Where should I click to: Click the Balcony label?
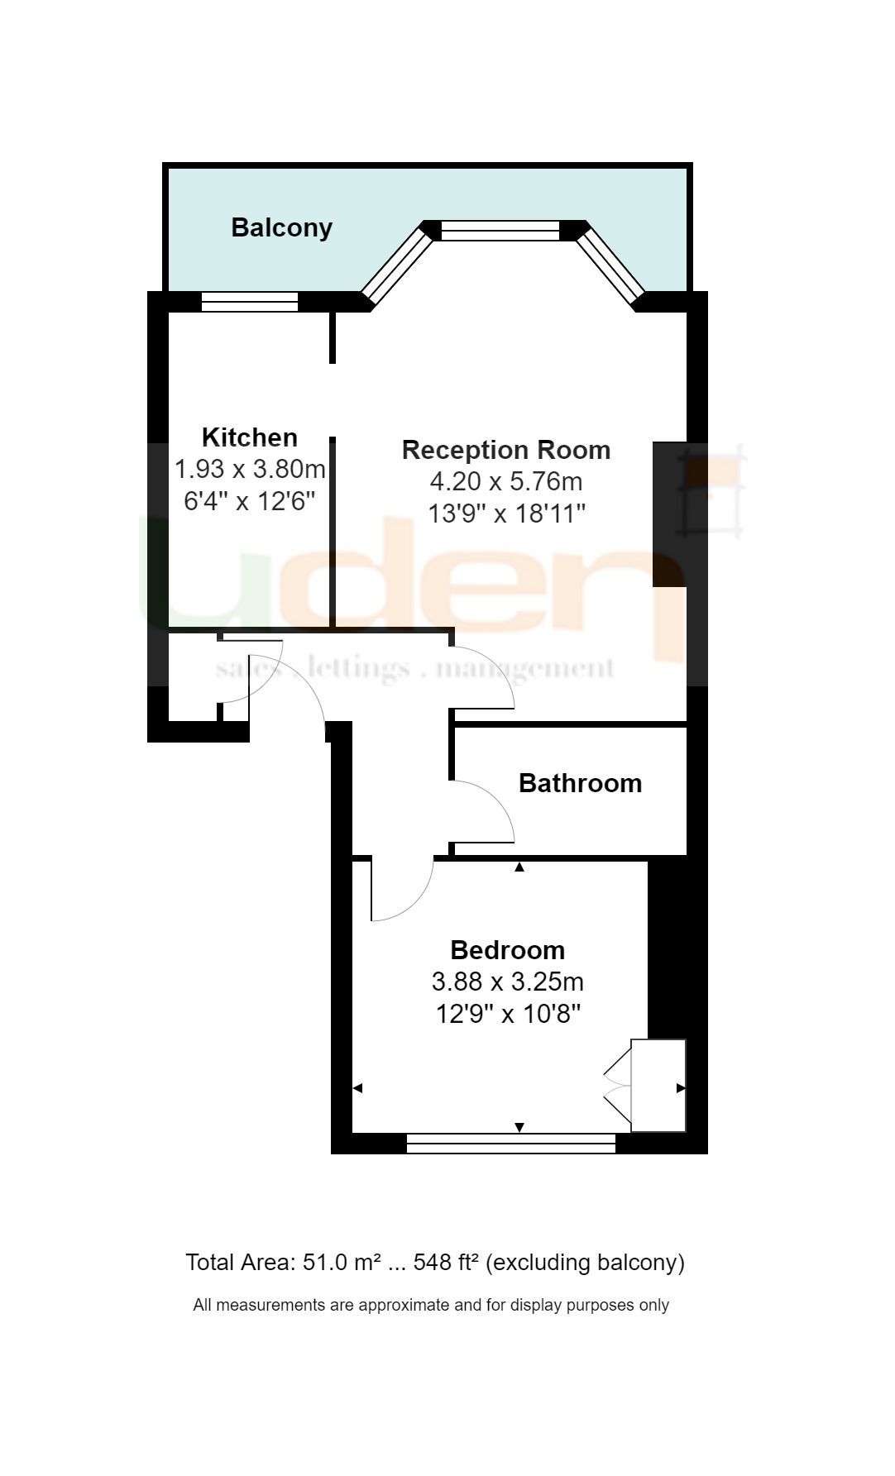pos(281,227)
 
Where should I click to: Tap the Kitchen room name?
pos(249,437)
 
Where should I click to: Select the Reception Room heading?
pos(506,450)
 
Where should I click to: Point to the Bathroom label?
pos(580,783)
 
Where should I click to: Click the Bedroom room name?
pos(507,950)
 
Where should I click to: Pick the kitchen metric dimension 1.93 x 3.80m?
pos(249,469)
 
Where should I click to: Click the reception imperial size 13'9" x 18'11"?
pos(506,513)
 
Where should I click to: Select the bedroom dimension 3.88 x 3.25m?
pos(507,982)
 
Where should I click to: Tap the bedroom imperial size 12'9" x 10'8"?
pos(508,1013)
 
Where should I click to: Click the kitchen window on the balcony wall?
pos(249,302)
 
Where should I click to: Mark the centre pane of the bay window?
pos(500,230)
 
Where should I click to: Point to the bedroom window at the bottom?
pos(511,1144)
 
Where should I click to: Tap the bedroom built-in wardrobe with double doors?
pos(658,1086)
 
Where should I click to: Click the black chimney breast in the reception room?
pos(669,514)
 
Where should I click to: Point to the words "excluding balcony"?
pos(586,1263)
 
